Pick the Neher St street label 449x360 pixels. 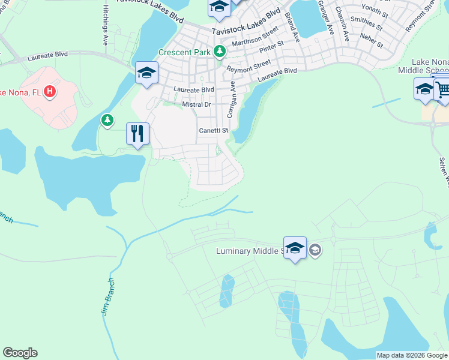click(x=372, y=41)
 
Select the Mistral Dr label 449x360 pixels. click(x=197, y=104)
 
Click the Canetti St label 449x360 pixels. click(x=214, y=130)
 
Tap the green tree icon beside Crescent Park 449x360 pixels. click(x=220, y=52)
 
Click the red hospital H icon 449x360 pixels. click(x=50, y=91)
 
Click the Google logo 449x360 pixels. click(x=20, y=353)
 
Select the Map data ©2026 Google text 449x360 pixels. click(x=412, y=355)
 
